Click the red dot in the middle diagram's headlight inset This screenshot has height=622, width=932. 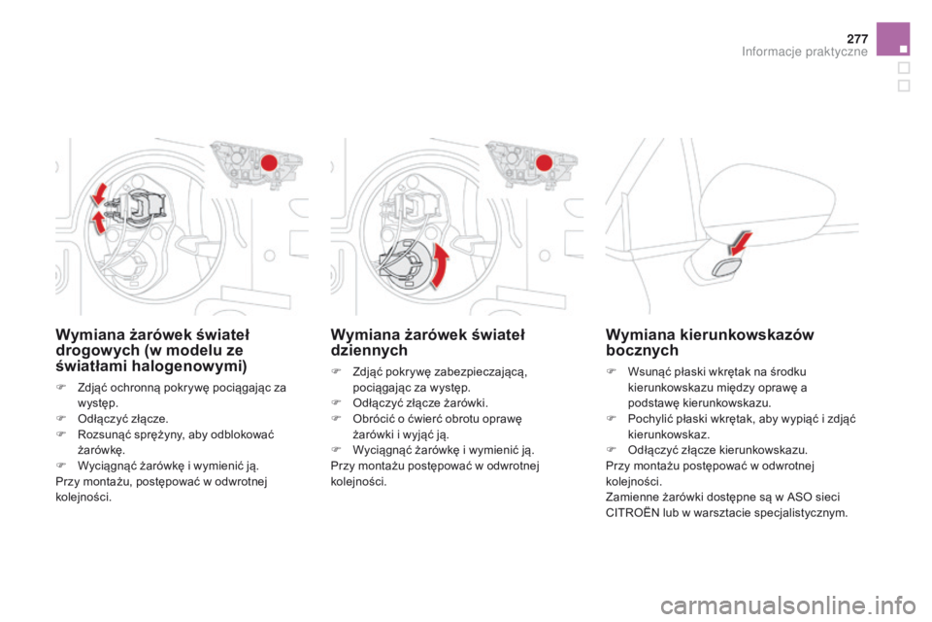pyautogui.click(x=544, y=161)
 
